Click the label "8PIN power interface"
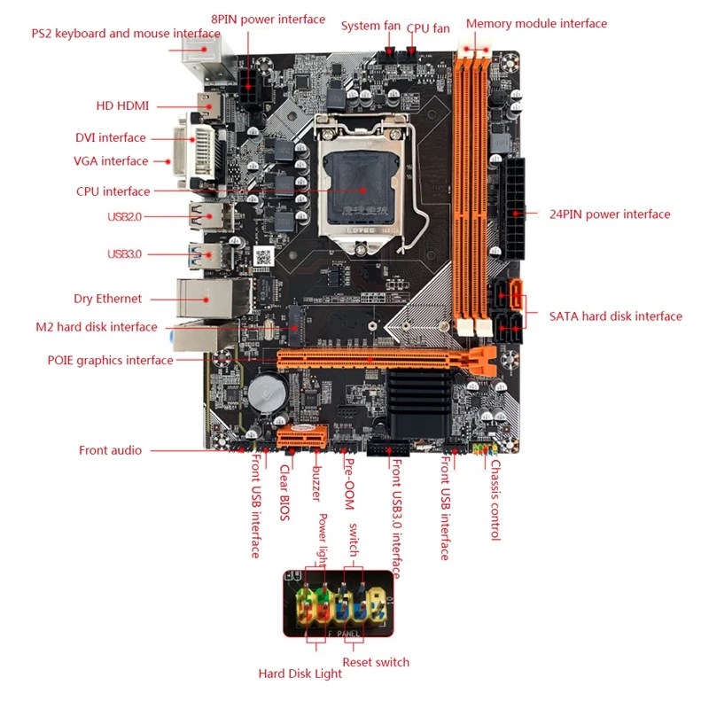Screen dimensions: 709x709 268,19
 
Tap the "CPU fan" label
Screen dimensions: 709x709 428,27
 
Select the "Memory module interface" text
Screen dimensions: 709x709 536,24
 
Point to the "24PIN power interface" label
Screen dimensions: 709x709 610,214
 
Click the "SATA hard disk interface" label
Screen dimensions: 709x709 615,316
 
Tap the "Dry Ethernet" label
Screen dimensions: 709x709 107,300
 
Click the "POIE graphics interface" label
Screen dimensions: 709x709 110,361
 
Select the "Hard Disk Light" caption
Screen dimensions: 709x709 300,674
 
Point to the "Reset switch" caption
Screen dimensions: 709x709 376,662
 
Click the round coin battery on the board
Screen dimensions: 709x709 265,393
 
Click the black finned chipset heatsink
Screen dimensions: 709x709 418,401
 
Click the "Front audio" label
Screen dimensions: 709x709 110,450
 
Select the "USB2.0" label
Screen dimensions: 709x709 124,216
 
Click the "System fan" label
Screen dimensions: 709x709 371,26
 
